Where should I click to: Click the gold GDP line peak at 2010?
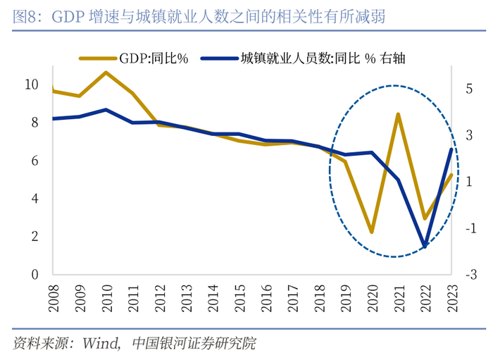pos(106,73)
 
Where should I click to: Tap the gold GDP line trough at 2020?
pos(371,232)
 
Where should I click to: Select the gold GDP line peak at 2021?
pos(398,114)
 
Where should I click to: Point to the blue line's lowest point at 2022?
pos(424,247)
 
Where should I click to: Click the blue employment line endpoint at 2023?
pos(451,149)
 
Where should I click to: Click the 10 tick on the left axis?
pos(31,85)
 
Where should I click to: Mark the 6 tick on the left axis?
pos(35,161)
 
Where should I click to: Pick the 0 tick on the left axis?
pos(35,274)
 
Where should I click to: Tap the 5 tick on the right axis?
pos(468,89)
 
